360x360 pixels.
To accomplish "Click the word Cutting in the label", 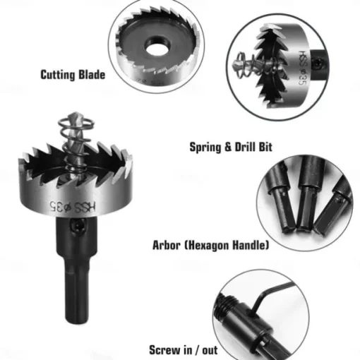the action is (x=58, y=75).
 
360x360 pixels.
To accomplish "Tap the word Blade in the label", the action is (x=92, y=75).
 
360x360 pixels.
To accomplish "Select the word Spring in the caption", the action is (x=205, y=148).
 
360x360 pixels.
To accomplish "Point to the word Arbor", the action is (x=167, y=245).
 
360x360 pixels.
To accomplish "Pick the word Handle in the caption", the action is (x=251, y=245).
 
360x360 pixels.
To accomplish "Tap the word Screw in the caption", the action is (x=164, y=350).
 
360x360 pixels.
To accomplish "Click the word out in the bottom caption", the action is (x=210, y=350).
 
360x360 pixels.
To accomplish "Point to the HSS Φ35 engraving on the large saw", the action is (x=73, y=207).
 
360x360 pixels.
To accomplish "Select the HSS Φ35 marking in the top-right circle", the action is (x=304, y=68).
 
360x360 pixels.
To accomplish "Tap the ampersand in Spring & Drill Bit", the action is (x=228, y=148).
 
